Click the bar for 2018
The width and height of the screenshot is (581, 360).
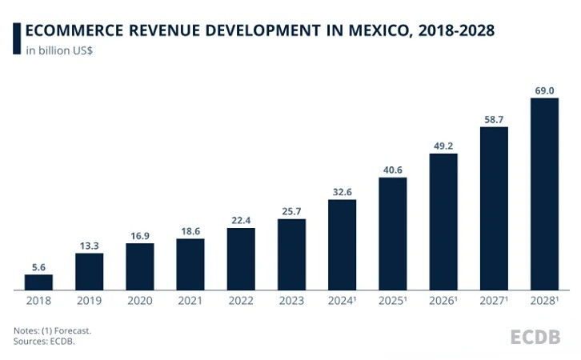pos(38,282)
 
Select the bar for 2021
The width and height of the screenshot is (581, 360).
pos(190,264)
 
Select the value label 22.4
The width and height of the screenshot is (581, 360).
pos(241,219)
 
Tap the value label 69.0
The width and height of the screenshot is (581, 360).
pos(544,90)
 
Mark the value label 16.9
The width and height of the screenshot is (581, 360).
pos(139,234)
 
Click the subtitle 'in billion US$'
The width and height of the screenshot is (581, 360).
pos(60,50)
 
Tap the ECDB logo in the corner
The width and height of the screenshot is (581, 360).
pos(535,336)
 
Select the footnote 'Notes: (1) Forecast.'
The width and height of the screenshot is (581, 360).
pos(52,330)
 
